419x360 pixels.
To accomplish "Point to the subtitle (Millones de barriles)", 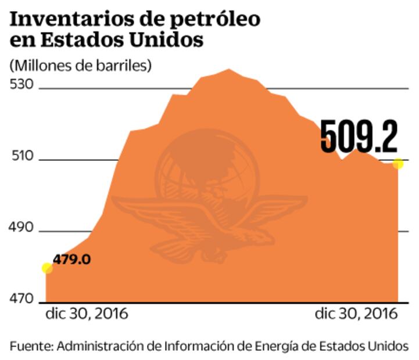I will coord(80,64).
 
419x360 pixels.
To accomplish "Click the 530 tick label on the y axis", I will coord(22,84).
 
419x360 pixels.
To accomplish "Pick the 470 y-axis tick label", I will coord(22,299).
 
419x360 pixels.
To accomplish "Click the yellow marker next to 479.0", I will coord(47,268).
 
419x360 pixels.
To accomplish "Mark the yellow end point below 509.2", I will coord(398,164).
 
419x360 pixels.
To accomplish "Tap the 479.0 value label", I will coord(72,259).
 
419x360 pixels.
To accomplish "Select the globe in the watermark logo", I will coord(209,168).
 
